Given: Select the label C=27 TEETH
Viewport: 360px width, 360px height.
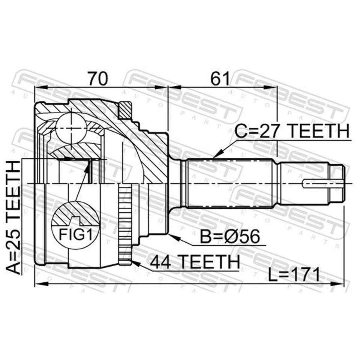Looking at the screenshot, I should (x=292, y=132).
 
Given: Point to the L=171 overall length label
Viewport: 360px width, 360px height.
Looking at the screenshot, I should (x=294, y=276).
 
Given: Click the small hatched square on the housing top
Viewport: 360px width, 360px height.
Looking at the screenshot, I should (x=126, y=110).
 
